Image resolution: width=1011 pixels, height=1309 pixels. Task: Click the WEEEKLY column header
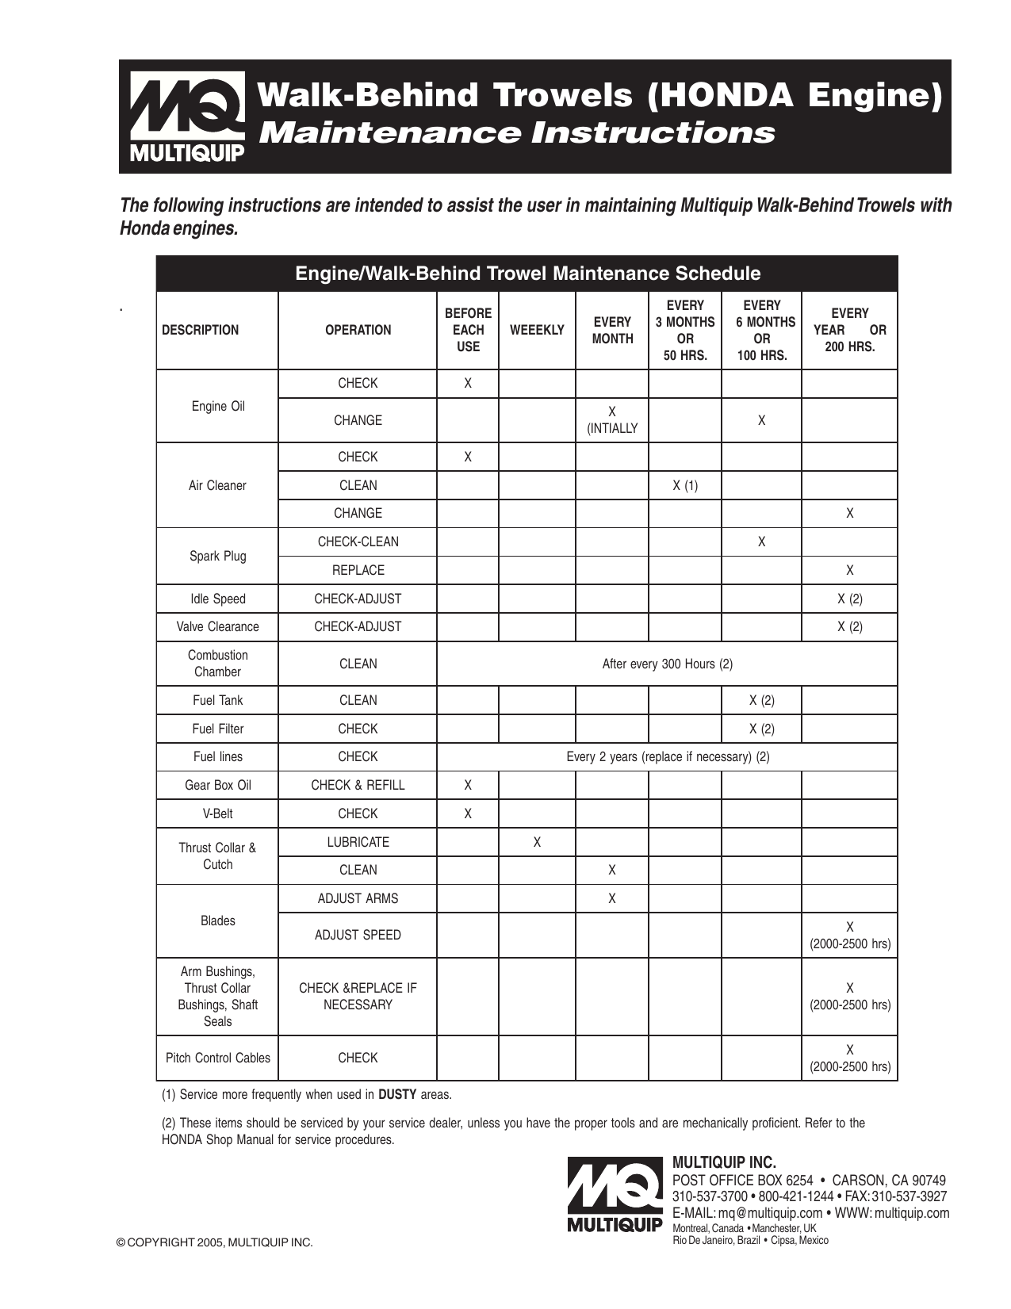tap(537, 330)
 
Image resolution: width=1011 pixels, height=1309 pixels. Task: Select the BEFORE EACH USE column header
tap(468, 330)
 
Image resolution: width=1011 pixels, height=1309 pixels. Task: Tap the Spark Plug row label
tap(217, 556)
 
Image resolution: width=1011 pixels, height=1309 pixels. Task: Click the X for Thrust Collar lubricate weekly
tap(537, 842)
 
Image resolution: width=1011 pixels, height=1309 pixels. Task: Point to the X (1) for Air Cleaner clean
tap(685, 485)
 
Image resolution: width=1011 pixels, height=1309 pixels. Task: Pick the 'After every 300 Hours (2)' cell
tap(667, 664)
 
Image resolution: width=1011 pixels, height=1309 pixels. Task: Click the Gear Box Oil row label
tap(217, 785)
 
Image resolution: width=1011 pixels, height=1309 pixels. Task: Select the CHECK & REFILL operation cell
tap(358, 785)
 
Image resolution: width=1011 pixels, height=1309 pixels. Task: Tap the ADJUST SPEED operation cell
tap(358, 935)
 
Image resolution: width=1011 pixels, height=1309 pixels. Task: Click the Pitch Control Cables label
tap(217, 1058)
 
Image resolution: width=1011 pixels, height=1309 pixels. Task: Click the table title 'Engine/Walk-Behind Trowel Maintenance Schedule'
tap(527, 274)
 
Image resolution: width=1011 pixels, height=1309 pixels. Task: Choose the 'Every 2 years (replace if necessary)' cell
tap(667, 756)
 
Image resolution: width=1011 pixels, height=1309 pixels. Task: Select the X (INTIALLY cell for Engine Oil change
tap(611, 420)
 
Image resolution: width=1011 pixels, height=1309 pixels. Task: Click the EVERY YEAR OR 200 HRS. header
tap(849, 330)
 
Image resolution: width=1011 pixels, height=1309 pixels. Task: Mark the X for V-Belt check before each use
tap(468, 813)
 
